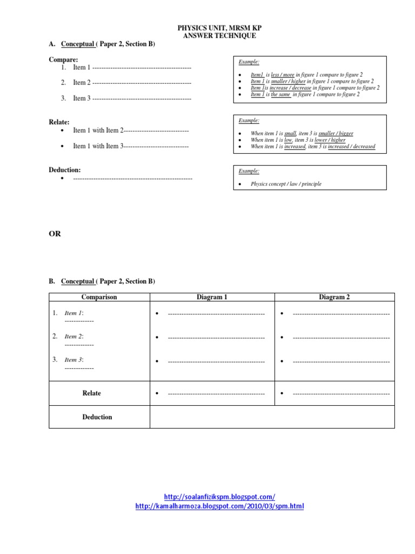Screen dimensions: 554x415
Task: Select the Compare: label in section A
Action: (63, 60)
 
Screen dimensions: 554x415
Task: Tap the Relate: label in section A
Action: (59, 122)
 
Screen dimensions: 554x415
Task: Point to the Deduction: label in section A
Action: (65, 170)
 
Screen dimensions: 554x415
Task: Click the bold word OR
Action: (55, 234)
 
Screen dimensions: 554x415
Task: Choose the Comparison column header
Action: (99, 297)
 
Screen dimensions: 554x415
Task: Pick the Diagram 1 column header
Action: (212, 297)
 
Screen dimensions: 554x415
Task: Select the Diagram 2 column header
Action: (334, 297)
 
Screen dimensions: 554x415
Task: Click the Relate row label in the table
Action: (91, 393)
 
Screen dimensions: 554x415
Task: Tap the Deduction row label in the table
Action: (97, 417)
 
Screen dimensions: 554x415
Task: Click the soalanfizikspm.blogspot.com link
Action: (219, 497)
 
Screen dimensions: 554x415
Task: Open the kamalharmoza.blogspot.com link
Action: (219, 506)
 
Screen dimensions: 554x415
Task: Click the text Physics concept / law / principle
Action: (286, 184)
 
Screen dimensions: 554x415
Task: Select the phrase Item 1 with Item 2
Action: (98, 130)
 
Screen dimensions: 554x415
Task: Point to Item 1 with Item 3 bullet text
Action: (98, 146)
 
